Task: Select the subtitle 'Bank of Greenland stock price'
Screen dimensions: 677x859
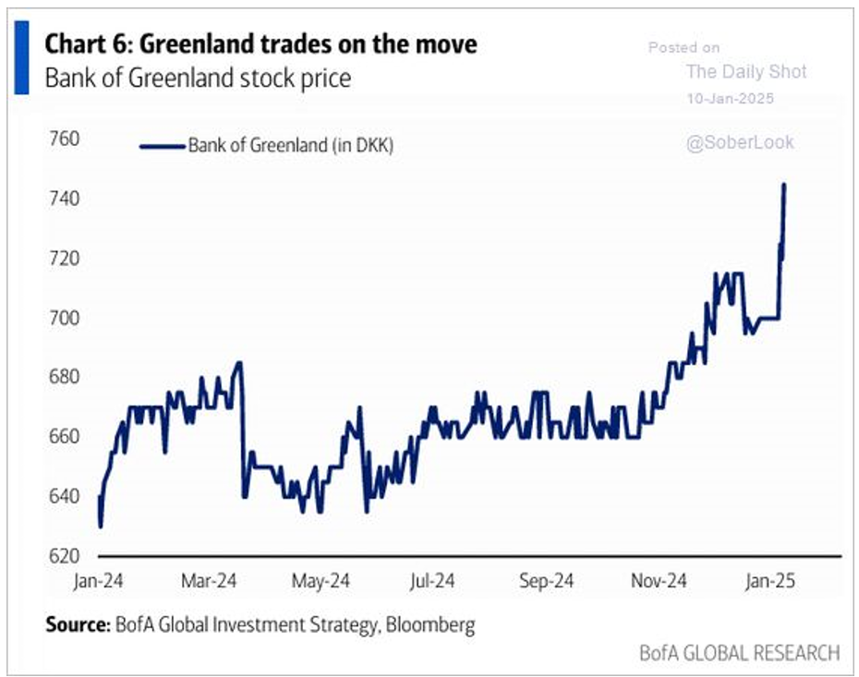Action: coord(198,79)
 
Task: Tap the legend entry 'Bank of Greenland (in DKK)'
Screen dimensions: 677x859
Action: coord(291,145)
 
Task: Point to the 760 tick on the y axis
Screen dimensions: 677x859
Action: coord(64,139)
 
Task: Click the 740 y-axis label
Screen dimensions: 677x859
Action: coord(64,199)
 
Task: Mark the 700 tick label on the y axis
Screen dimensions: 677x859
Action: coord(64,318)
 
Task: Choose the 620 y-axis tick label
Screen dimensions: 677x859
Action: coord(64,556)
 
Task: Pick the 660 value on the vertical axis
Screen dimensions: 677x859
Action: coord(64,437)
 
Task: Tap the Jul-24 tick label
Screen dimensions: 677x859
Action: coord(430,582)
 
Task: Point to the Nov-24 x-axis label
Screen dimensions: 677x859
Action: coord(659,582)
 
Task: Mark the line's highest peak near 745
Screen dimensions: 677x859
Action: coord(784,185)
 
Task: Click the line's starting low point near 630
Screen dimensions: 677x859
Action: coord(100,526)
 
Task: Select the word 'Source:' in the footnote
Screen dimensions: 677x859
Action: coord(76,625)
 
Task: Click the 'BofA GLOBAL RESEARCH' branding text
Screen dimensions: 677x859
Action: coord(740,653)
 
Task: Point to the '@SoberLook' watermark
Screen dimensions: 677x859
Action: coord(740,143)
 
